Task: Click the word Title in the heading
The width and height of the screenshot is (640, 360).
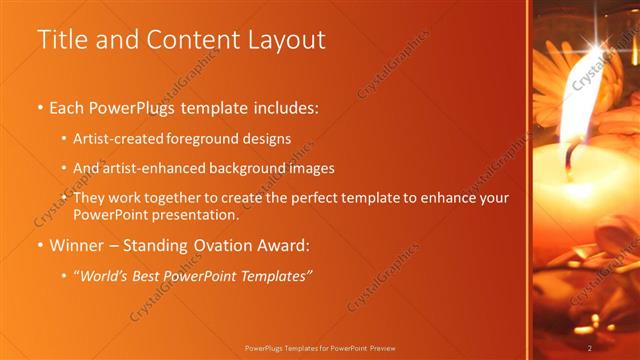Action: tap(61, 40)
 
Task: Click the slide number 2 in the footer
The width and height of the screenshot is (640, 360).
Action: tap(590, 347)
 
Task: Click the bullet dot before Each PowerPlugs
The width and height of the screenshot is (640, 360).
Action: tap(40, 106)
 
